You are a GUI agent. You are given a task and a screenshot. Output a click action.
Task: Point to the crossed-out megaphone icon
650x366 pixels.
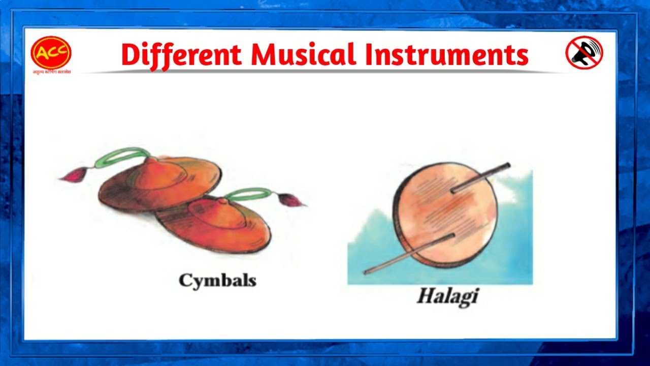coord(584,52)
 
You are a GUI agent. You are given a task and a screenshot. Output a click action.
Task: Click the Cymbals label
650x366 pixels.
coord(217,280)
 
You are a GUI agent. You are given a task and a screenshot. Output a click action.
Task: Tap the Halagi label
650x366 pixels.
coord(447,295)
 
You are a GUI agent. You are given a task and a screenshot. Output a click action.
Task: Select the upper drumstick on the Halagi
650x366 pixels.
coord(480,178)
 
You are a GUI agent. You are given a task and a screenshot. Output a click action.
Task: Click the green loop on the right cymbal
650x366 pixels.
coord(249,194)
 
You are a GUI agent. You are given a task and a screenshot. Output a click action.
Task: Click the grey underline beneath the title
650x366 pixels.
coord(325,72)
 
